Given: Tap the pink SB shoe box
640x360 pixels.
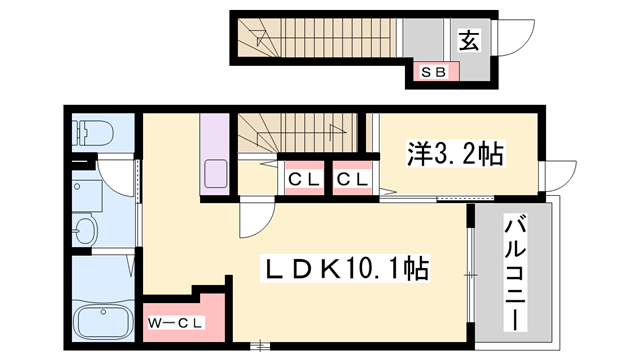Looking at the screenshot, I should [x=433, y=71].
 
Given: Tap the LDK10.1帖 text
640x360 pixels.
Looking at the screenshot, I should [x=345, y=268].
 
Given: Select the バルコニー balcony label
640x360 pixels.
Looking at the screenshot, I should [x=514, y=270].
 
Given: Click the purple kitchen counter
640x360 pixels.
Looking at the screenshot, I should [x=216, y=155].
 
